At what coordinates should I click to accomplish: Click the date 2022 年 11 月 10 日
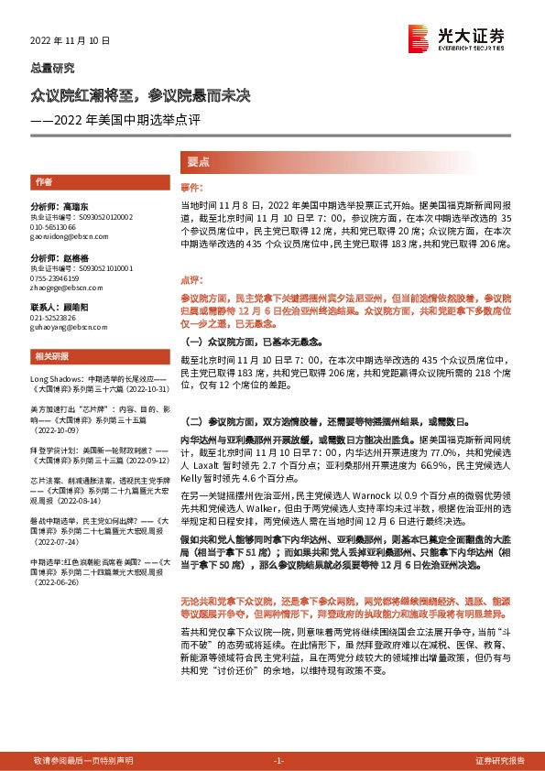tap(70, 41)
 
